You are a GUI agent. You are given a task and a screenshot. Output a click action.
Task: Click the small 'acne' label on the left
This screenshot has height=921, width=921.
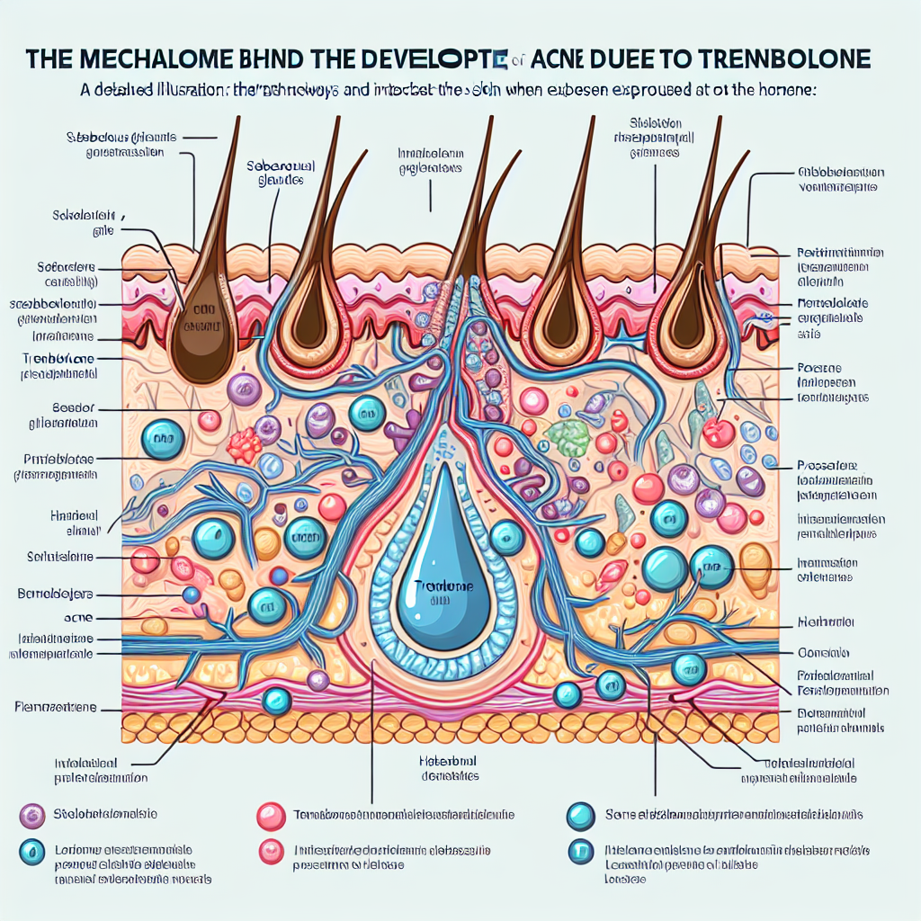point(80,619)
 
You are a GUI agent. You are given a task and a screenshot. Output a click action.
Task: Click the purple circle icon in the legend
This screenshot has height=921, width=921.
point(32,815)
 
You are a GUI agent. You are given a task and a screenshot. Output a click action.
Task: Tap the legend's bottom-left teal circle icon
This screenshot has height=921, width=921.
point(32,851)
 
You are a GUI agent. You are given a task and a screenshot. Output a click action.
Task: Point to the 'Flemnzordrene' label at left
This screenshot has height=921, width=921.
point(55,707)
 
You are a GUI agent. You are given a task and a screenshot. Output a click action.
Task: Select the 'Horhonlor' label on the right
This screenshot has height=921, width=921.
point(825,621)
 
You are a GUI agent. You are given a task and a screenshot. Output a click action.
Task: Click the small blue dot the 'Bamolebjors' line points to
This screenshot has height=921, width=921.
point(190,595)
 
